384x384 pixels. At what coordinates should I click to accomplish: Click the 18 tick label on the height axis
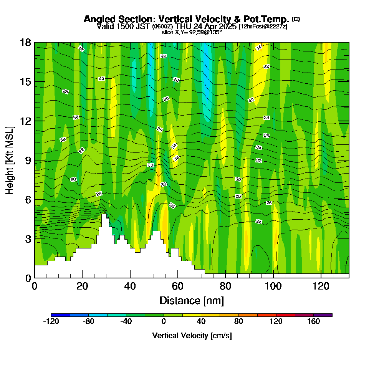point(25,42)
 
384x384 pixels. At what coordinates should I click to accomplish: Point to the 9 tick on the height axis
point(35,160)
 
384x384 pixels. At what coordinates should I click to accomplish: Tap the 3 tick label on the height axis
point(28,239)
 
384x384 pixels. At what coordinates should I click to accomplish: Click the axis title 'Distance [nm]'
point(191,300)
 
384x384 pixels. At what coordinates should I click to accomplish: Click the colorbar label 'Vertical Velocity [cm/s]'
point(192,336)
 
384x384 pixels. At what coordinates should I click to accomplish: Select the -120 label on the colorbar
point(51,322)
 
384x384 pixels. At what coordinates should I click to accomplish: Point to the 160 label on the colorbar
point(314,322)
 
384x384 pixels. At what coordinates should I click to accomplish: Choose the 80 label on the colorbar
point(239,322)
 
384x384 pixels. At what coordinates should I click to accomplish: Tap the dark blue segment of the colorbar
point(61,315)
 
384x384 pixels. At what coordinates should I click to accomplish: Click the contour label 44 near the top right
point(259,48)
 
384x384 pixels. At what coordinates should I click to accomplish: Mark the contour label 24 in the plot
point(259,222)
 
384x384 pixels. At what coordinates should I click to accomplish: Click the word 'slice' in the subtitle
point(168,32)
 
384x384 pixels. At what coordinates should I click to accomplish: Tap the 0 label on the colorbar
point(164,322)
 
